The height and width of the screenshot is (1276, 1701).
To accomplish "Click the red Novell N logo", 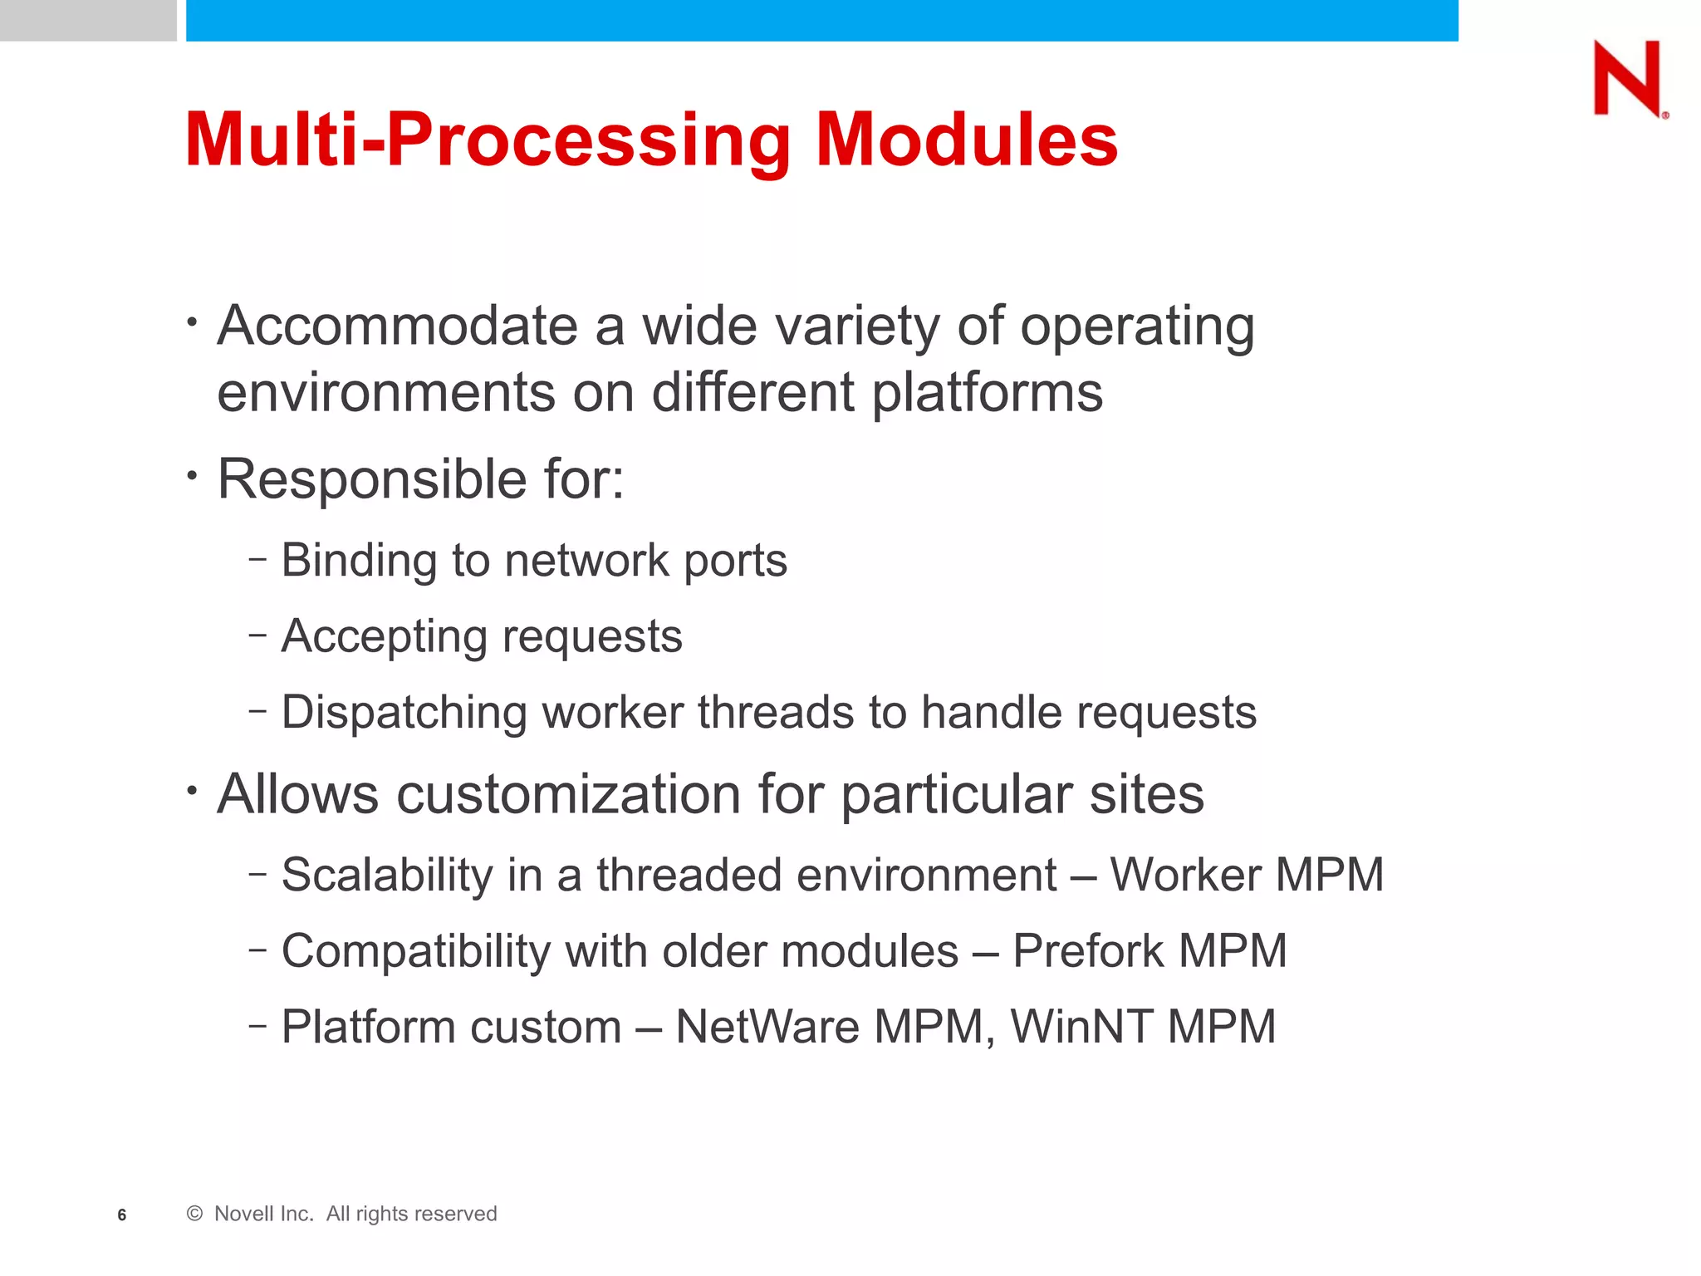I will [x=1627, y=78].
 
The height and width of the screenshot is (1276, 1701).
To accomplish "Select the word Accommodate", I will [x=397, y=326].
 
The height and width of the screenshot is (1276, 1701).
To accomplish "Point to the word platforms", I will [x=987, y=392].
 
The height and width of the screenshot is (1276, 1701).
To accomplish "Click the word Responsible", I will [x=371, y=479].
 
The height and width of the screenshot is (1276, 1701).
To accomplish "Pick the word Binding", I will [x=358, y=561].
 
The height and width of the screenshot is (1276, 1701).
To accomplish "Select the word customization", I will [x=568, y=794].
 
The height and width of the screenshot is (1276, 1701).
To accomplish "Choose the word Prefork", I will [x=1087, y=951].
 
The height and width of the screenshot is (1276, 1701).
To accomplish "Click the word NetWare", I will [x=767, y=1027].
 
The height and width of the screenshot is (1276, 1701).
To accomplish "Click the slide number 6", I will [x=122, y=1215].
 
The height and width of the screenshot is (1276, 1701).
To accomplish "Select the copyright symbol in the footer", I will [x=195, y=1214].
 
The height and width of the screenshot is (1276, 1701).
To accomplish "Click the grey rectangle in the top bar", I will [x=88, y=20].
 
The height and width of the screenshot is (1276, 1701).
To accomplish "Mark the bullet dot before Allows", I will [x=192, y=790].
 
